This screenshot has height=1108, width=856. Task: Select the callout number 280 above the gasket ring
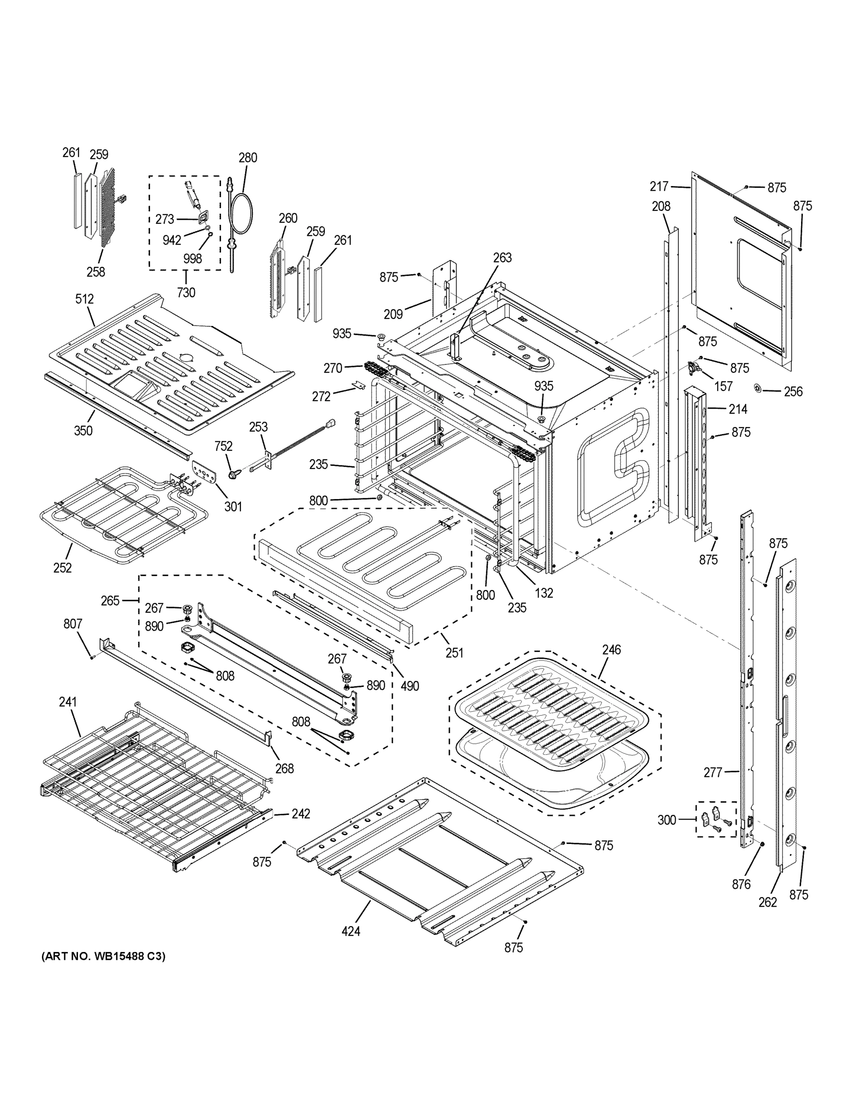pos(248,157)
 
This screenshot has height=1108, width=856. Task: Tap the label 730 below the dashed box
pos(186,293)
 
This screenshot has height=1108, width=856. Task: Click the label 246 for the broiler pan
pos(611,650)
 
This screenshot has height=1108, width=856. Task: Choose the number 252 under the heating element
pos(62,568)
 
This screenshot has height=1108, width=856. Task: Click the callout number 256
pos(793,391)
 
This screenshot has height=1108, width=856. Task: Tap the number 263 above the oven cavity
pos(502,257)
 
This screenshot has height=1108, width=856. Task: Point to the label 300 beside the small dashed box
pos(667,820)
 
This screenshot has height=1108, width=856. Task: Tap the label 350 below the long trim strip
pos(83,431)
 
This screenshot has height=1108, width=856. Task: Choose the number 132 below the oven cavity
pos(544,593)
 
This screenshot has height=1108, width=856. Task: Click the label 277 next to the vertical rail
pos(712,772)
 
